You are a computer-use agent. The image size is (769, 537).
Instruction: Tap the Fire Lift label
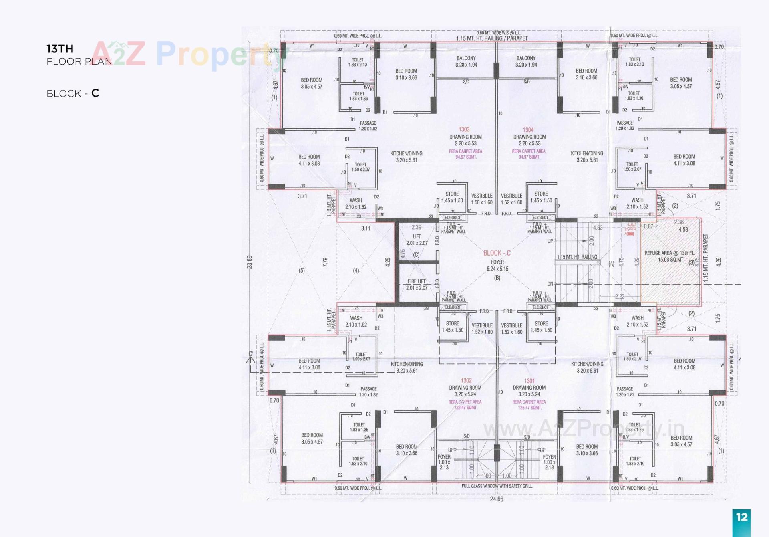(417, 281)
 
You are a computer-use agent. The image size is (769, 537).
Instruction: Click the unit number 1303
(464, 129)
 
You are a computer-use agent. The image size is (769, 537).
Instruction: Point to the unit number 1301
(529, 381)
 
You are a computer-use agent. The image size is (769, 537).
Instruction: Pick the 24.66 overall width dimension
(496, 499)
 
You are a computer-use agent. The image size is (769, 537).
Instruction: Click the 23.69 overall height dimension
(250, 262)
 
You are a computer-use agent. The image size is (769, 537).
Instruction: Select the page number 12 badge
(741, 517)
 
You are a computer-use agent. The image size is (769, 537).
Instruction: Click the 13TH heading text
(60, 49)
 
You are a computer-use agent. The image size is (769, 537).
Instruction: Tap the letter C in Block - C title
(95, 93)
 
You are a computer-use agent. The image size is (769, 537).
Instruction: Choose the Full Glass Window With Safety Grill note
(497, 486)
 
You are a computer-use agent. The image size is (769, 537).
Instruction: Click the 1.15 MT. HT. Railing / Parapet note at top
(492, 38)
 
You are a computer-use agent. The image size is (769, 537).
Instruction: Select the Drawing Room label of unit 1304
(529, 137)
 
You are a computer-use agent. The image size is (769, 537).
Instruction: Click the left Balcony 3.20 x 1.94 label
(466, 61)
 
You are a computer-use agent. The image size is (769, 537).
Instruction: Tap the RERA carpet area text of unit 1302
(465, 404)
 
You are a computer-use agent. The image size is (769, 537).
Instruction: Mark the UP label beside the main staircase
(550, 241)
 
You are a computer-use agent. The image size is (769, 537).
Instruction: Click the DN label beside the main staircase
(550, 284)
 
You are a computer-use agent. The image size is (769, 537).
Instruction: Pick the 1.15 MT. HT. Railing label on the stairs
(577, 257)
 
